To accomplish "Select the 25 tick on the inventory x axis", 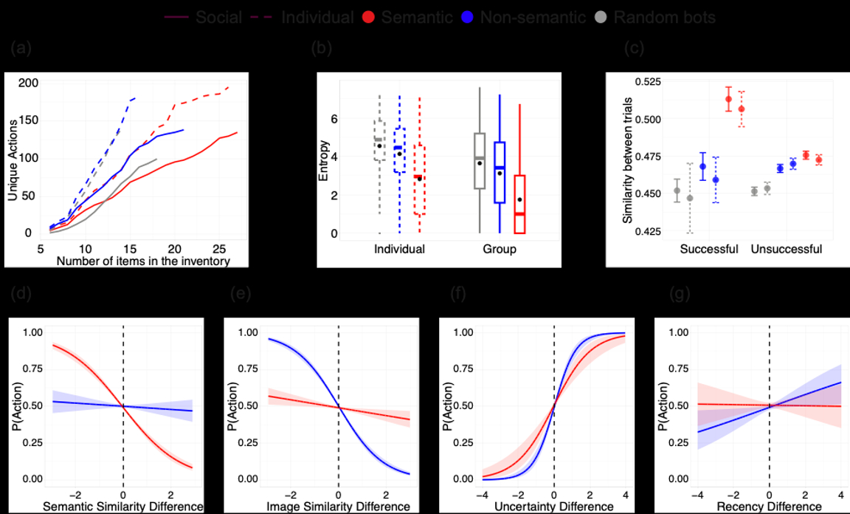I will [x=219, y=247].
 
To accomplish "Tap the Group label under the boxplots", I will [x=500, y=249].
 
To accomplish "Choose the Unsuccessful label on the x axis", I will [x=786, y=249].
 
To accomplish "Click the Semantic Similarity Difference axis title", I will [x=122, y=506].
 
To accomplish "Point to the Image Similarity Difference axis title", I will [x=337, y=506].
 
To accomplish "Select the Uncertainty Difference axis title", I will [x=553, y=506].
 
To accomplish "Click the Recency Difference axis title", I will [x=769, y=506].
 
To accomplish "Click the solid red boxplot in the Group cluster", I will [x=519, y=203].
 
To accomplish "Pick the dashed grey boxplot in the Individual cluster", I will [x=379, y=148].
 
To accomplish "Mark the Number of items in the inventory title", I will [x=142, y=260].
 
